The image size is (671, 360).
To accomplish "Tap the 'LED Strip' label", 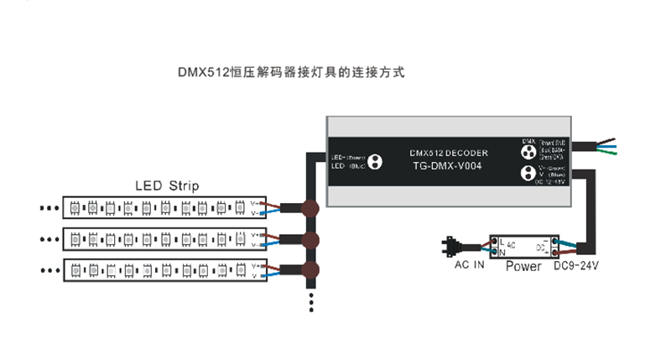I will point(167,185).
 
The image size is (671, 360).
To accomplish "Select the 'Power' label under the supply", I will point(525,266).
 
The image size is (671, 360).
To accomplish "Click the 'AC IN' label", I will point(471,266).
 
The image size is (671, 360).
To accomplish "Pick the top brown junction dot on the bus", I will point(310,209).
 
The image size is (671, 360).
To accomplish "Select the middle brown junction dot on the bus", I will point(310,241).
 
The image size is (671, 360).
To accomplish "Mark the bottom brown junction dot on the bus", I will point(310,269).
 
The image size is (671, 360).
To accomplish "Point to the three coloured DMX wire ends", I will point(609,146).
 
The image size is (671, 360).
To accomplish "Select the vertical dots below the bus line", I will point(310,302).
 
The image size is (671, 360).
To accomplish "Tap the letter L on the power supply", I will point(502,242).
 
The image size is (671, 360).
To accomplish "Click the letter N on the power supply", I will point(502,251).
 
